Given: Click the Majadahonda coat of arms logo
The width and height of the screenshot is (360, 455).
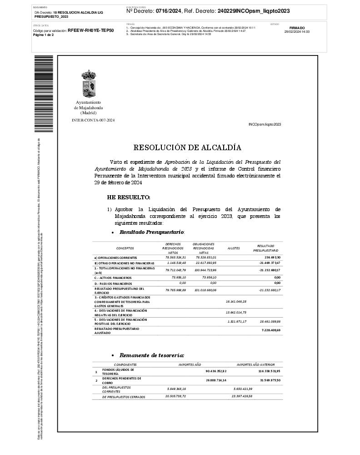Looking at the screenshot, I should click(88, 83).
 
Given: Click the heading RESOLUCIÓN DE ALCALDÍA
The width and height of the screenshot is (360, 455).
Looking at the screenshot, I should click(187, 147).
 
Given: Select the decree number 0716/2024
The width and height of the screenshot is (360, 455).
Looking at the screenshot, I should click(168, 10).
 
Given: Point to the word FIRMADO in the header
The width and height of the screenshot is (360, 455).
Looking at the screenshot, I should click(297, 28).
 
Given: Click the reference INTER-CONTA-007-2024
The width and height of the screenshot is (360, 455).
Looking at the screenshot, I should click(93, 120).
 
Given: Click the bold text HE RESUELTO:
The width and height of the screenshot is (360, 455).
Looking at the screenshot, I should click(128, 197).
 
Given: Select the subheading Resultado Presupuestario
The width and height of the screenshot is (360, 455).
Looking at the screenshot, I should click(151, 232).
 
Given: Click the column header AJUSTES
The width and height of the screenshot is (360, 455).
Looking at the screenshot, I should click(234, 248).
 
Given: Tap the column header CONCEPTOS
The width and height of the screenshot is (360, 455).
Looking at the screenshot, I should click(125, 248).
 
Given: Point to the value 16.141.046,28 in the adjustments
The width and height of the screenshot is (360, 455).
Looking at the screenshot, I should click(236, 301).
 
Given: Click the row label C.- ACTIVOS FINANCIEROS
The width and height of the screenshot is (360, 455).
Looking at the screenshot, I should click(113, 277).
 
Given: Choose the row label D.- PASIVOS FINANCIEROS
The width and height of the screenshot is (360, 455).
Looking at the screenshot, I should click(114, 283).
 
